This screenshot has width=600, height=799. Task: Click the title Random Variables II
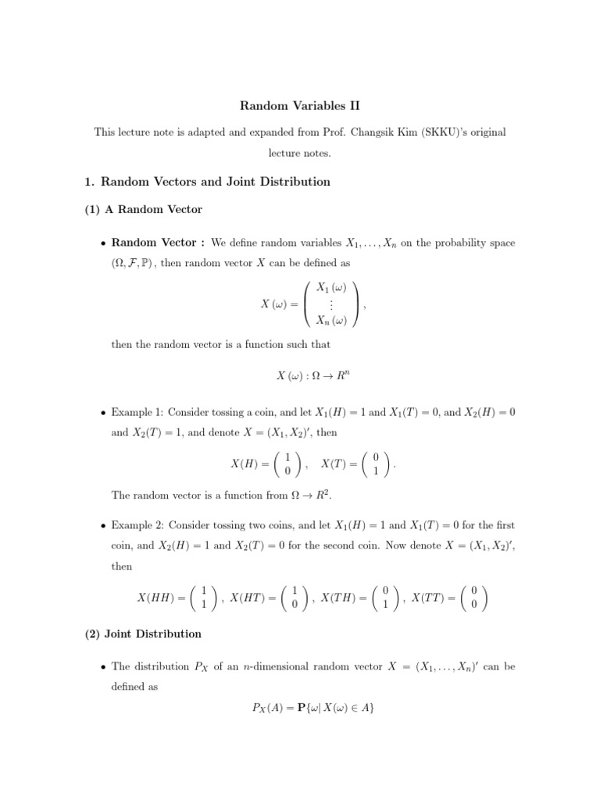pos(300,105)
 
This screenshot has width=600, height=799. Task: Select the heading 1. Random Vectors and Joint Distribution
pos(207,182)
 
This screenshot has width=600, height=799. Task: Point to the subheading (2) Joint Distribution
pos(143,634)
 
